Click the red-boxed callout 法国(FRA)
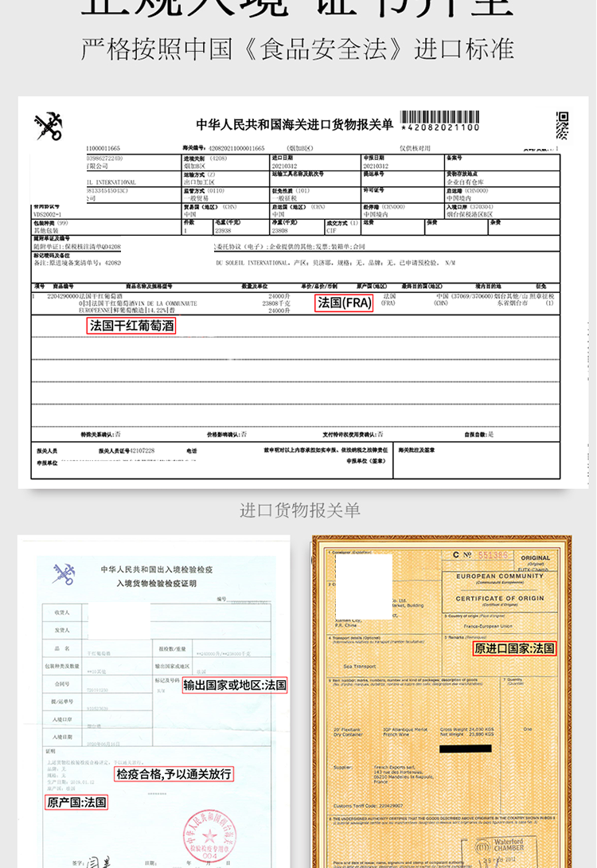click(x=345, y=303)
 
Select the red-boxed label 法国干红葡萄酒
click(x=131, y=326)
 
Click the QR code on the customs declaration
click(x=562, y=125)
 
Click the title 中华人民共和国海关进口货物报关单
click(x=294, y=125)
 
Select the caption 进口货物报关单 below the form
click(x=299, y=510)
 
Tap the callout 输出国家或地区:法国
click(x=235, y=685)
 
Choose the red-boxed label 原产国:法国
click(x=76, y=802)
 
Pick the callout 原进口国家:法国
click(x=514, y=649)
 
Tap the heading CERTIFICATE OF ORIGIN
click(x=499, y=599)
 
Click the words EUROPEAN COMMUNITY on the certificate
click(x=499, y=576)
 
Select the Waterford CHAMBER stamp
click(x=525, y=843)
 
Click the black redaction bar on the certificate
click(x=465, y=748)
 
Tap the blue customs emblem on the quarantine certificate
click(x=64, y=573)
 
